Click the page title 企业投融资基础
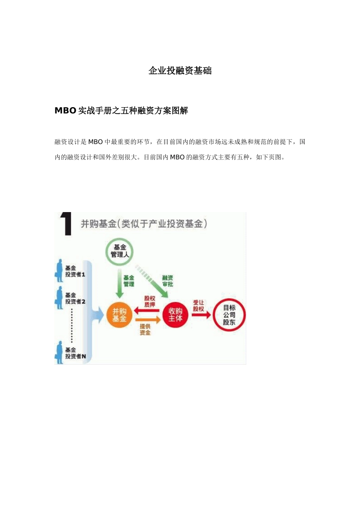tap(180, 71)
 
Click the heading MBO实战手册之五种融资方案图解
tap(121, 111)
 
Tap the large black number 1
tap(66, 224)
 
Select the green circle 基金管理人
tap(119, 251)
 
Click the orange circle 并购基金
tap(119, 315)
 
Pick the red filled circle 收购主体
tap(175, 315)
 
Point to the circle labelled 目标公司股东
tap(229, 315)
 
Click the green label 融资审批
tap(167, 281)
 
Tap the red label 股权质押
tap(150, 301)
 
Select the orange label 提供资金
tap(145, 329)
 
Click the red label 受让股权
tap(199, 306)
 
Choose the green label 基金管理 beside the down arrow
tap(129, 281)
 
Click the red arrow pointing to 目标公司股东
tap(201, 315)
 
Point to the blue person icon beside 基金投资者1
tap(59, 271)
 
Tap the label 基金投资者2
tap(75, 298)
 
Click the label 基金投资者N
tap(75, 353)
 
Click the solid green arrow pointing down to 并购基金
tap(119, 284)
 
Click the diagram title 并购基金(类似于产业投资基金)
tap(144, 224)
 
